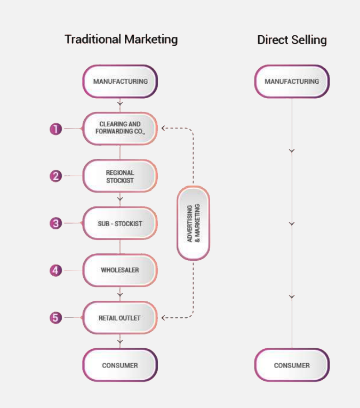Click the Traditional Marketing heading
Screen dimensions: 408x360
click(x=121, y=39)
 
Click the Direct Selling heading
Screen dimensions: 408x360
click(x=292, y=40)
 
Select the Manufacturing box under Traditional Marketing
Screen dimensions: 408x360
click(x=120, y=82)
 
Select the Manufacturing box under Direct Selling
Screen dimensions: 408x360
click(x=292, y=82)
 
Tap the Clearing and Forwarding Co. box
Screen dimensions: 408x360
click(x=120, y=128)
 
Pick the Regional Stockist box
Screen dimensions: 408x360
click(x=120, y=177)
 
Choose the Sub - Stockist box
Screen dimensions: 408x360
click(x=120, y=223)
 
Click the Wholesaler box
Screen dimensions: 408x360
click(x=120, y=270)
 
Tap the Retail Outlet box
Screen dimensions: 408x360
click(x=120, y=318)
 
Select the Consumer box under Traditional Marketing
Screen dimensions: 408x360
click(x=120, y=365)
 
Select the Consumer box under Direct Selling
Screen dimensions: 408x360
click(x=292, y=365)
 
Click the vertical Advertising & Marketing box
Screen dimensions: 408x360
click(x=193, y=223)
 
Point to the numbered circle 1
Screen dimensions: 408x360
click(x=56, y=129)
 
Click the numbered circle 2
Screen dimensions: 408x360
click(x=56, y=176)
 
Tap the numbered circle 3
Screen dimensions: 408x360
click(x=56, y=223)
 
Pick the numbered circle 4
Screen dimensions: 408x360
click(x=56, y=270)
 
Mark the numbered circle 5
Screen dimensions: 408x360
click(x=56, y=318)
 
